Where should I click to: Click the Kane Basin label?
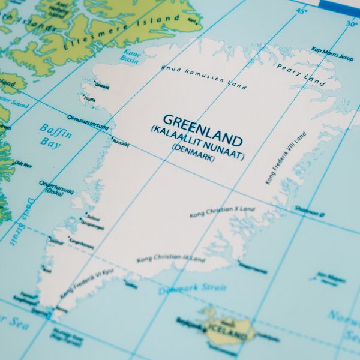coord(130,56)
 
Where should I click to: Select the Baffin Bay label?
coord(55,136)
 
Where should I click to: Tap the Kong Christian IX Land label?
coord(171,259)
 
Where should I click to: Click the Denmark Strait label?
coord(193,290)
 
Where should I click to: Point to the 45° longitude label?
coord(301,11)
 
